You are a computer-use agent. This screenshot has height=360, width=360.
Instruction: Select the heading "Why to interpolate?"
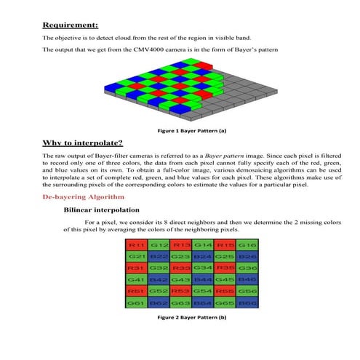coord(82,143)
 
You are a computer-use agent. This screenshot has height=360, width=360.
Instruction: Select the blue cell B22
coord(159,257)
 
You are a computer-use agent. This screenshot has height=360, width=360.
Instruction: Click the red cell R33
coord(180,268)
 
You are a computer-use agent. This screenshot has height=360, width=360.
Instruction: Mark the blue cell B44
coord(202,279)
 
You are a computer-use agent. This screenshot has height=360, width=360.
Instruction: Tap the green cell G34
coord(202,268)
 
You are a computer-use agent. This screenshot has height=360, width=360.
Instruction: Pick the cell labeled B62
coord(159,302)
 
